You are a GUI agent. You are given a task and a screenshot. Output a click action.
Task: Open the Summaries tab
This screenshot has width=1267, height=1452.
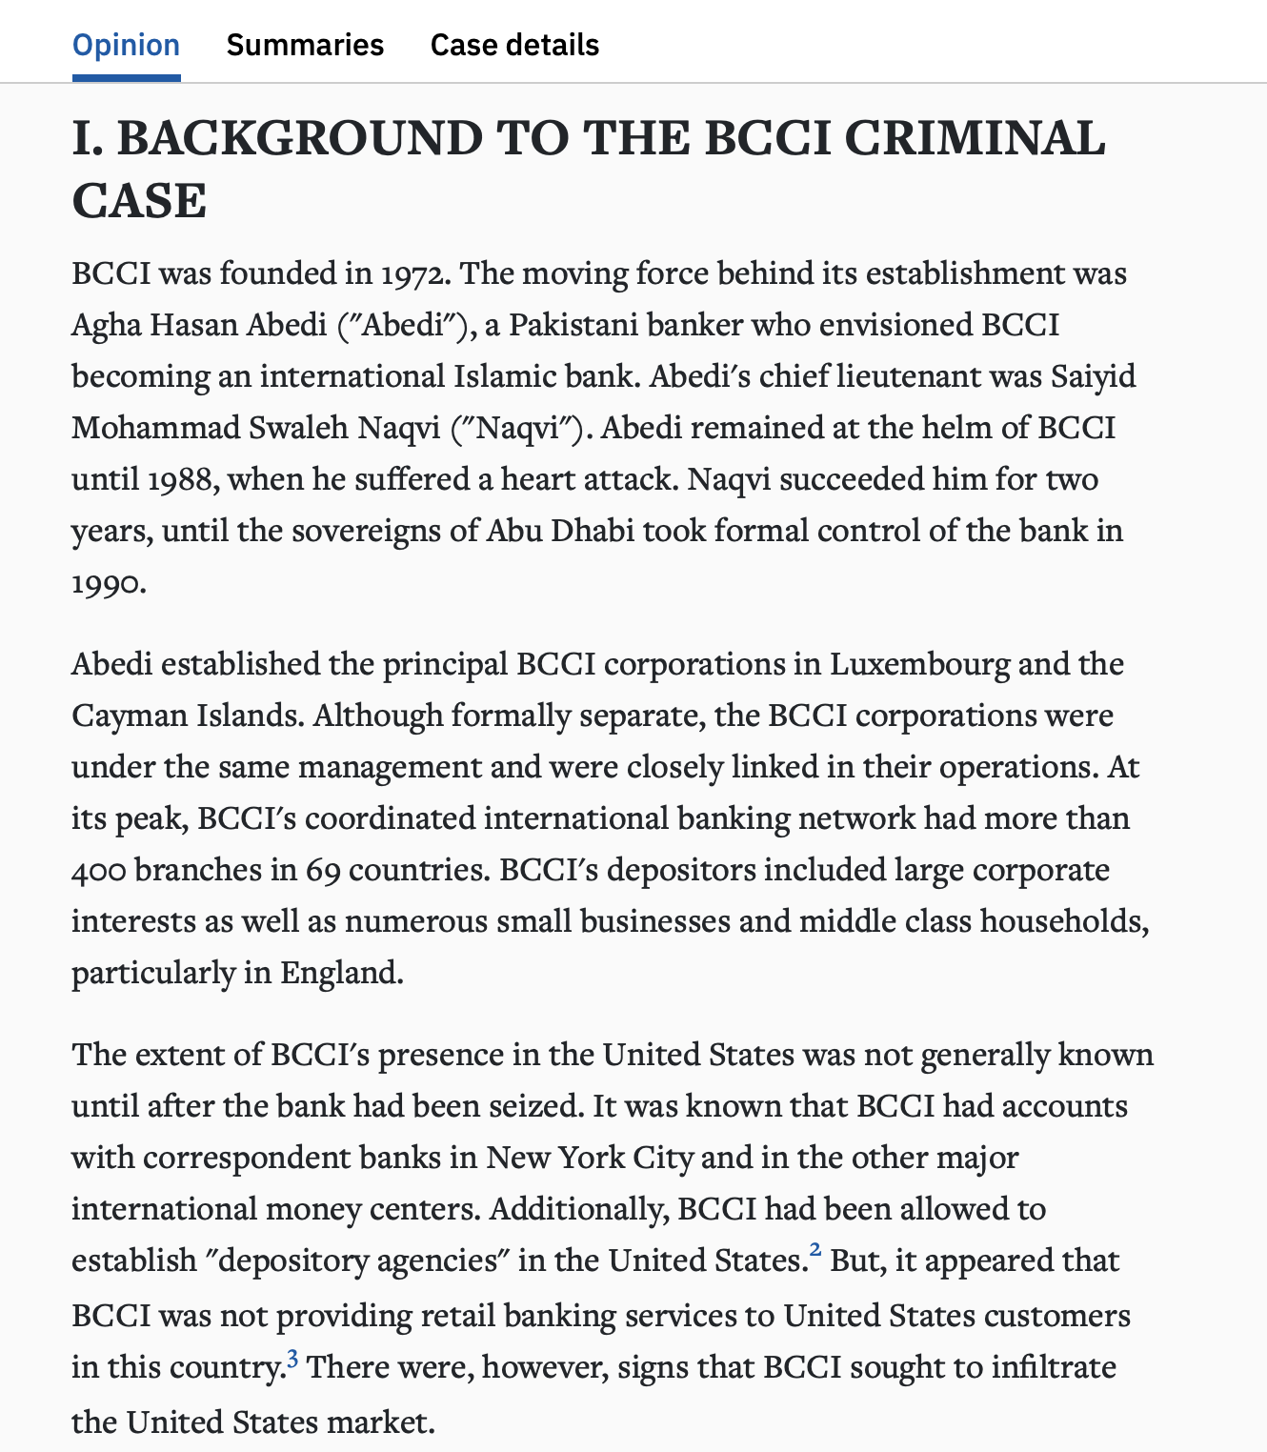[x=305, y=45]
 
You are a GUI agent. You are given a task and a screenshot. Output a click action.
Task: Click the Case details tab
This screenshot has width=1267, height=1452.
[x=514, y=45]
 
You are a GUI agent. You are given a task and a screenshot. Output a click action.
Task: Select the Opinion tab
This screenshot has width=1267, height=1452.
[x=126, y=45]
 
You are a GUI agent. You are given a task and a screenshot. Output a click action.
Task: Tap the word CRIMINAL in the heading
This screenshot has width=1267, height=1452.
[x=975, y=138]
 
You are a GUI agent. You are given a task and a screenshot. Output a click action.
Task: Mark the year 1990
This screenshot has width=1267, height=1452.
[x=109, y=583]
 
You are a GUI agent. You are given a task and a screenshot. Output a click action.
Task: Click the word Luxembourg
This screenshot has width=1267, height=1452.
[x=918, y=665]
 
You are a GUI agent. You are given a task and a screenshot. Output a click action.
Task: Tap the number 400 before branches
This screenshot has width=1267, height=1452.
[x=99, y=871]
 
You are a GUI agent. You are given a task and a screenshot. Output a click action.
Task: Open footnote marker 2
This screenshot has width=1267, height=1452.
[x=815, y=1249]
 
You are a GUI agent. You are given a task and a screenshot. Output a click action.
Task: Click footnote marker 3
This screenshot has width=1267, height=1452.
[x=292, y=1357]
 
